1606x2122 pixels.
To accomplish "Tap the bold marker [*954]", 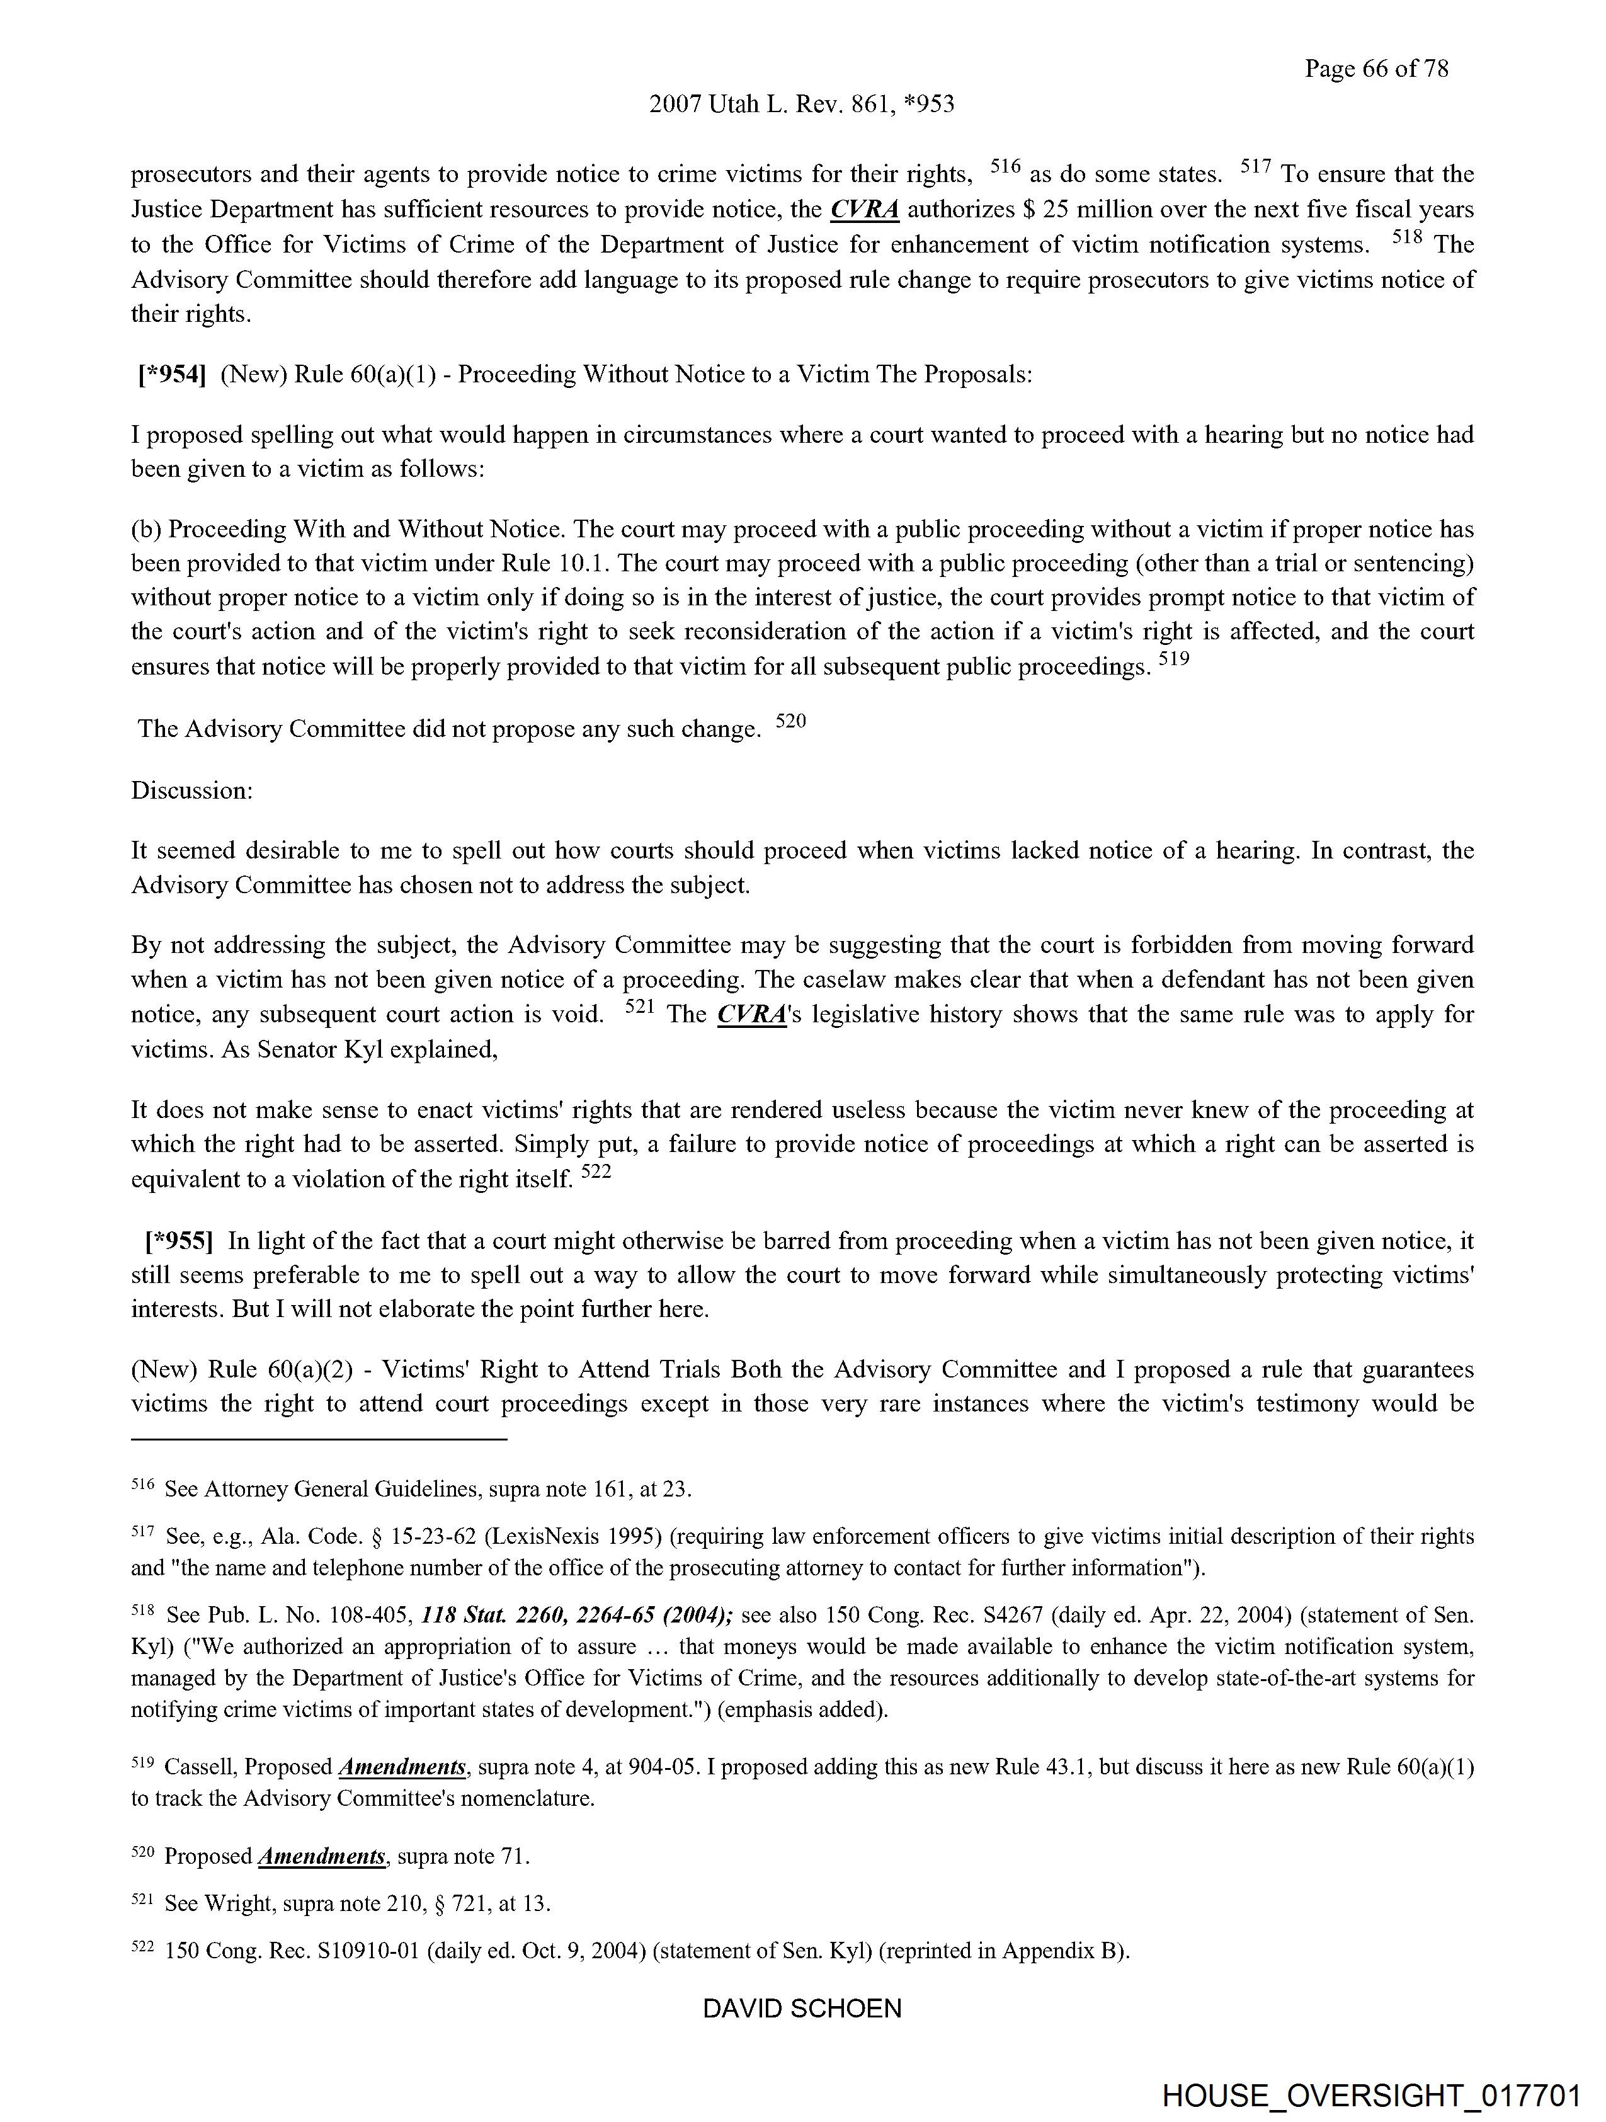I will pyautogui.click(x=172, y=374).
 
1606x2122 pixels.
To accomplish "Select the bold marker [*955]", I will pyautogui.click(x=178, y=1241).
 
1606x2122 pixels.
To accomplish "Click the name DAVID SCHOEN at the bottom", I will pyautogui.click(x=802, y=2009).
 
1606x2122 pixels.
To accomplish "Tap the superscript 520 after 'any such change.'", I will pyautogui.click(x=790, y=721).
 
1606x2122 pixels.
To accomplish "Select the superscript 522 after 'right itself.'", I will pyautogui.click(x=596, y=1172).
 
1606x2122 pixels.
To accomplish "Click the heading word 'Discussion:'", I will pyautogui.click(x=192, y=790).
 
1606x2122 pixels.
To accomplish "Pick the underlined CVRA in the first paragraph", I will pyautogui.click(x=864, y=209).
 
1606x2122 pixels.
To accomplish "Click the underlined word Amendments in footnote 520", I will pyautogui.click(x=322, y=1856).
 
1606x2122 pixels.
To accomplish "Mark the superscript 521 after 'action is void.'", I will pyautogui.click(x=639, y=1007).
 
